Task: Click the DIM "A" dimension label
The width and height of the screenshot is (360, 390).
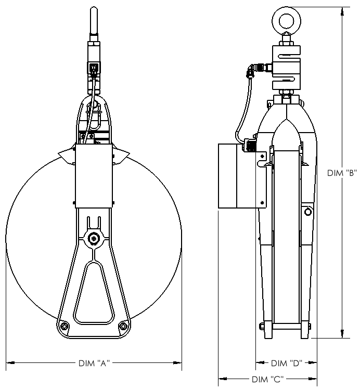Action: pos(94,362)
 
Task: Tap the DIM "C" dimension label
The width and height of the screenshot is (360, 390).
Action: pos(267,379)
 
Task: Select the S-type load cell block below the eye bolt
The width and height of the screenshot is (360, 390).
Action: pos(286,67)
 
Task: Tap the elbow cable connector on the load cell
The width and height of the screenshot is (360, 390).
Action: pos(255,68)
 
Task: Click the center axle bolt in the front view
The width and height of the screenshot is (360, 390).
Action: pos(94,238)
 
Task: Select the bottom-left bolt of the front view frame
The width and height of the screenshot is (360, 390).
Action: pos(64,326)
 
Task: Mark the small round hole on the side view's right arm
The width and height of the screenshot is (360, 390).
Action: pos(308,212)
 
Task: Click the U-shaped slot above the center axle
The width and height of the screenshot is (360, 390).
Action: pos(94,222)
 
